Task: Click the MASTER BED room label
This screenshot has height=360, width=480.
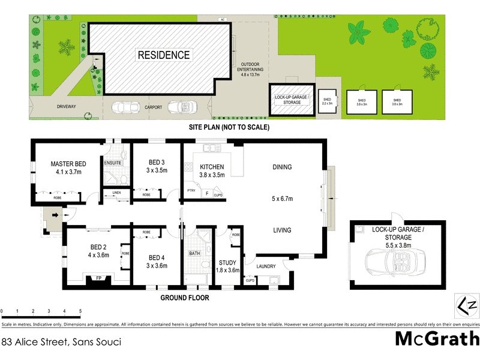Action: click(68, 163)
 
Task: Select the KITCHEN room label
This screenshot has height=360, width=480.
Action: click(211, 167)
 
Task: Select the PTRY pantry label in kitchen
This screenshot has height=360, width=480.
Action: click(191, 190)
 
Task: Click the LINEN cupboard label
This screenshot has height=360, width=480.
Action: click(116, 193)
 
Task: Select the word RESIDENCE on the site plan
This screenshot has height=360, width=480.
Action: click(164, 55)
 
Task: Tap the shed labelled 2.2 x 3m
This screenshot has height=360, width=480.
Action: click(327, 101)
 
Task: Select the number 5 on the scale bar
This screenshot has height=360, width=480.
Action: click(80, 310)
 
